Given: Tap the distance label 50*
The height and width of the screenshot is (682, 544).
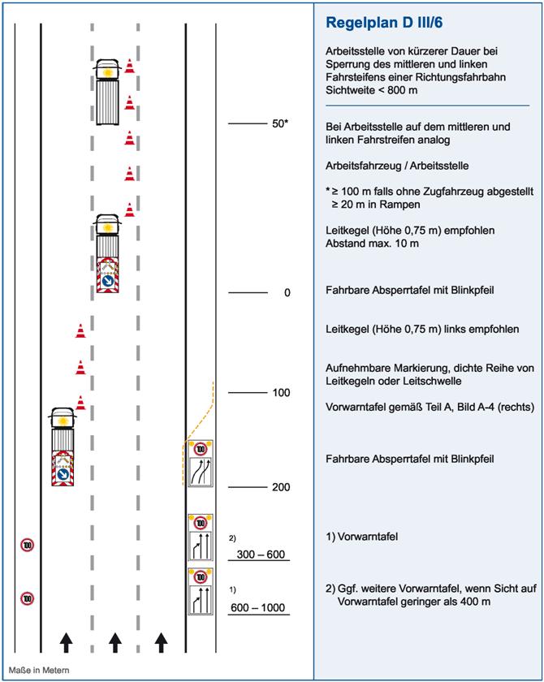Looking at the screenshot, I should tap(281, 123).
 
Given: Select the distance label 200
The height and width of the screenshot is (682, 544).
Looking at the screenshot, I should tap(281, 487).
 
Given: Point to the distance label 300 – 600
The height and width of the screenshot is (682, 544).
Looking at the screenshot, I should tap(259, 555).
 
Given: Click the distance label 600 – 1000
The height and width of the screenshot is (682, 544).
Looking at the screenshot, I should tap(258, 606).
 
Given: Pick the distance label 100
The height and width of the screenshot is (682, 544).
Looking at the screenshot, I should tap(281, 393).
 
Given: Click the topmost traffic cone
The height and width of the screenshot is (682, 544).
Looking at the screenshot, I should tap(129, 66).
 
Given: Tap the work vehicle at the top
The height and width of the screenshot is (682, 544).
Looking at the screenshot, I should tap(107, 91).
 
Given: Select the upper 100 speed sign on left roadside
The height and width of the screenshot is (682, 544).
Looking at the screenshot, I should tap(27, 546).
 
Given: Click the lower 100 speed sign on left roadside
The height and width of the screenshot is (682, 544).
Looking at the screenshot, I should tap(27, 599).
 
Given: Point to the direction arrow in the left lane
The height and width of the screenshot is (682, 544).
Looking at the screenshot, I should tap(66, 641).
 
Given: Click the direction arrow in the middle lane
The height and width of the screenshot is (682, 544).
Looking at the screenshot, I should tap(115, 641).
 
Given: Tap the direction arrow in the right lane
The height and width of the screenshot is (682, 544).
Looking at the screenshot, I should tap(162, 641).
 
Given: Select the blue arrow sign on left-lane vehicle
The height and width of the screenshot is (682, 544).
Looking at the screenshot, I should tap(62, 474).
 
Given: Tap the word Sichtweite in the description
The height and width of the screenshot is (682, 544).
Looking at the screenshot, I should tap(351, 88).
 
